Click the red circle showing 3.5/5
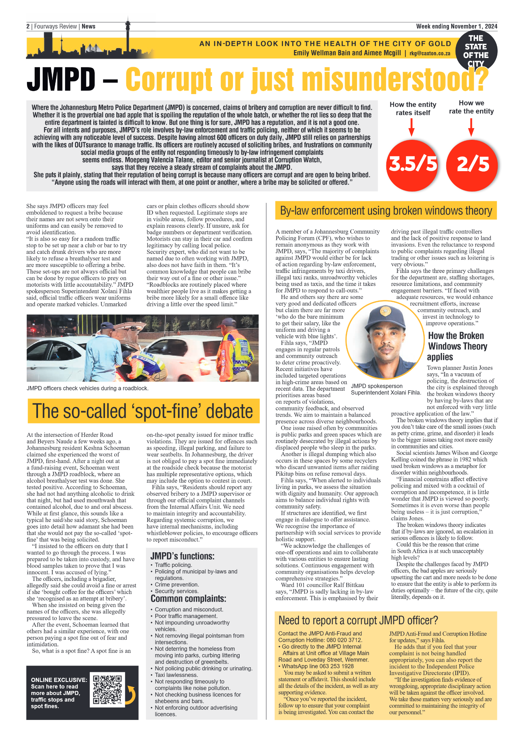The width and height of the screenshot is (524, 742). click(413, 164)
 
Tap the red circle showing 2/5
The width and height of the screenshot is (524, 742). click(472, 164)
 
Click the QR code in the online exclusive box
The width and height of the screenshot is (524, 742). click(107, 689)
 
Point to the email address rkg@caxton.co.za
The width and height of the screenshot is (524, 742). click(430, 53)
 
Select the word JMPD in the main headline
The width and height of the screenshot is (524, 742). click(61, 79)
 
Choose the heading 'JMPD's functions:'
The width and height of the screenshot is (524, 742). click(182, 556)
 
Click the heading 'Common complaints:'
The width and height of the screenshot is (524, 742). click(188, 599)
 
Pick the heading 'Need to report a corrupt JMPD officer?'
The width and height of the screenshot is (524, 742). click(358, 621)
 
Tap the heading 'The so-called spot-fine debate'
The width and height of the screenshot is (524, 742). click(143, 411)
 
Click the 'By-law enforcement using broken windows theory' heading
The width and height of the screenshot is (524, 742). click(386, 211)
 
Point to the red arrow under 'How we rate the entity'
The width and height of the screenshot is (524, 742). click(471, 127)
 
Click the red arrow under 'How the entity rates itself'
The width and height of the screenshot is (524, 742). click(412, 127)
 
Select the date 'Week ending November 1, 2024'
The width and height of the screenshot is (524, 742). click(456, 26)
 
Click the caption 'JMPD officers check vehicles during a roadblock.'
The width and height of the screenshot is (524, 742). click(88, 388)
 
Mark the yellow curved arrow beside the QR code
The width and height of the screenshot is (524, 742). click(131, 694)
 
